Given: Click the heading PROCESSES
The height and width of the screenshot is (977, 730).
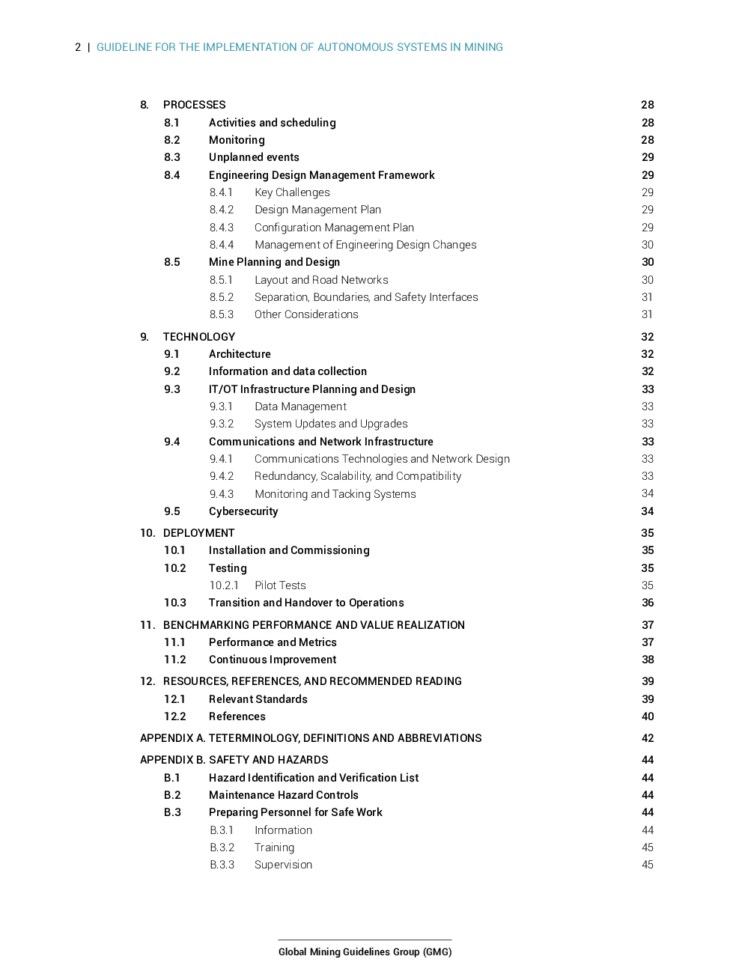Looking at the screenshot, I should coord(194,105).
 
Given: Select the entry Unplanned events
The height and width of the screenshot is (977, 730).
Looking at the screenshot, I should coord(254,157).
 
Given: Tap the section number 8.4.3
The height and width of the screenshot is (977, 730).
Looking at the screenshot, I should coord(222,228).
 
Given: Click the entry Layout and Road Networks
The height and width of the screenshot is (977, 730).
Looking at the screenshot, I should coord(321,280).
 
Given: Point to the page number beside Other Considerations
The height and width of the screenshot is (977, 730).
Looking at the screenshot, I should coord(647,314).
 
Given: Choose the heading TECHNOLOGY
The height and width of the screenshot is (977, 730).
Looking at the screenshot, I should coord(199,337).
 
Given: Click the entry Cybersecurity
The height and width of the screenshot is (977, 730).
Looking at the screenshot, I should coord(243,511).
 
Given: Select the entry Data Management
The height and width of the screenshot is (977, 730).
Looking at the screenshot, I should coord(300,407).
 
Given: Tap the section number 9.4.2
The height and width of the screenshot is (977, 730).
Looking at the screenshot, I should coord(222,476).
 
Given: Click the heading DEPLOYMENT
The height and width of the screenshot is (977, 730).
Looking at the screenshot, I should coord(198,533).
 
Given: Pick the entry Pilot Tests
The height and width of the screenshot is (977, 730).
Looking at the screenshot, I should coord(280,585).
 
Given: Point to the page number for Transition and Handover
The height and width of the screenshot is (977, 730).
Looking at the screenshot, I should coord(648,603).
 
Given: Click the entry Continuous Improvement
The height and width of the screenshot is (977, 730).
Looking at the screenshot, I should coord(273,660).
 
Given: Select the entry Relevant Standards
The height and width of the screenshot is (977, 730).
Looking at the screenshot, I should coord(258,699).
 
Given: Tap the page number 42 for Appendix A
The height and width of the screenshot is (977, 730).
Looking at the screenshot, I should coord(648,738).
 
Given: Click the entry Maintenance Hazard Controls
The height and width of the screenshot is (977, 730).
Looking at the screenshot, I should coord(284,795).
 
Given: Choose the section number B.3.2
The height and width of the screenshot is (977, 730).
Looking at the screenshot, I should coord(222,847).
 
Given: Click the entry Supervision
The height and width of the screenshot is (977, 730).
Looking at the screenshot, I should coord(283,865).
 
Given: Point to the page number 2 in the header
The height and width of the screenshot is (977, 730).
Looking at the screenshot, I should coord(78,47).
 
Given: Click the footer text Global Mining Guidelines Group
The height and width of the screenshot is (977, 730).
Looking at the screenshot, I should coord(365,952).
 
